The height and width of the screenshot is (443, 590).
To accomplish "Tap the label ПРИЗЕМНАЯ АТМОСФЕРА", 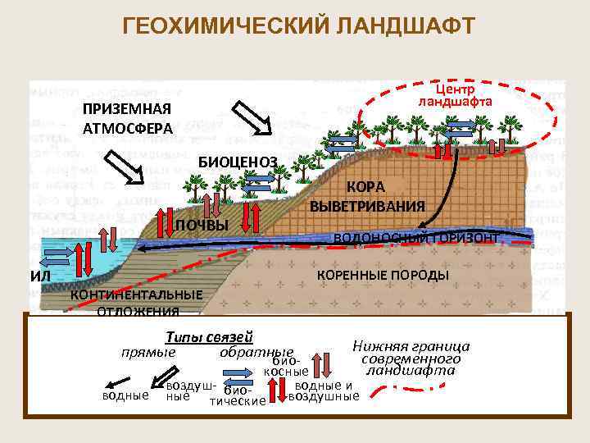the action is pos(127,120).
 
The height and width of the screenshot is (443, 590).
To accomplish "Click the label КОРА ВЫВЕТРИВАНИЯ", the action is pos(368,196).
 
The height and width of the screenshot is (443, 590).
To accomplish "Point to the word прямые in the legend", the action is pos(148,351).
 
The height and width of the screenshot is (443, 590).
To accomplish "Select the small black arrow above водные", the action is pos(120,383).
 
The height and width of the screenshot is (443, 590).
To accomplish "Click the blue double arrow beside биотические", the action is pos(238,383).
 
